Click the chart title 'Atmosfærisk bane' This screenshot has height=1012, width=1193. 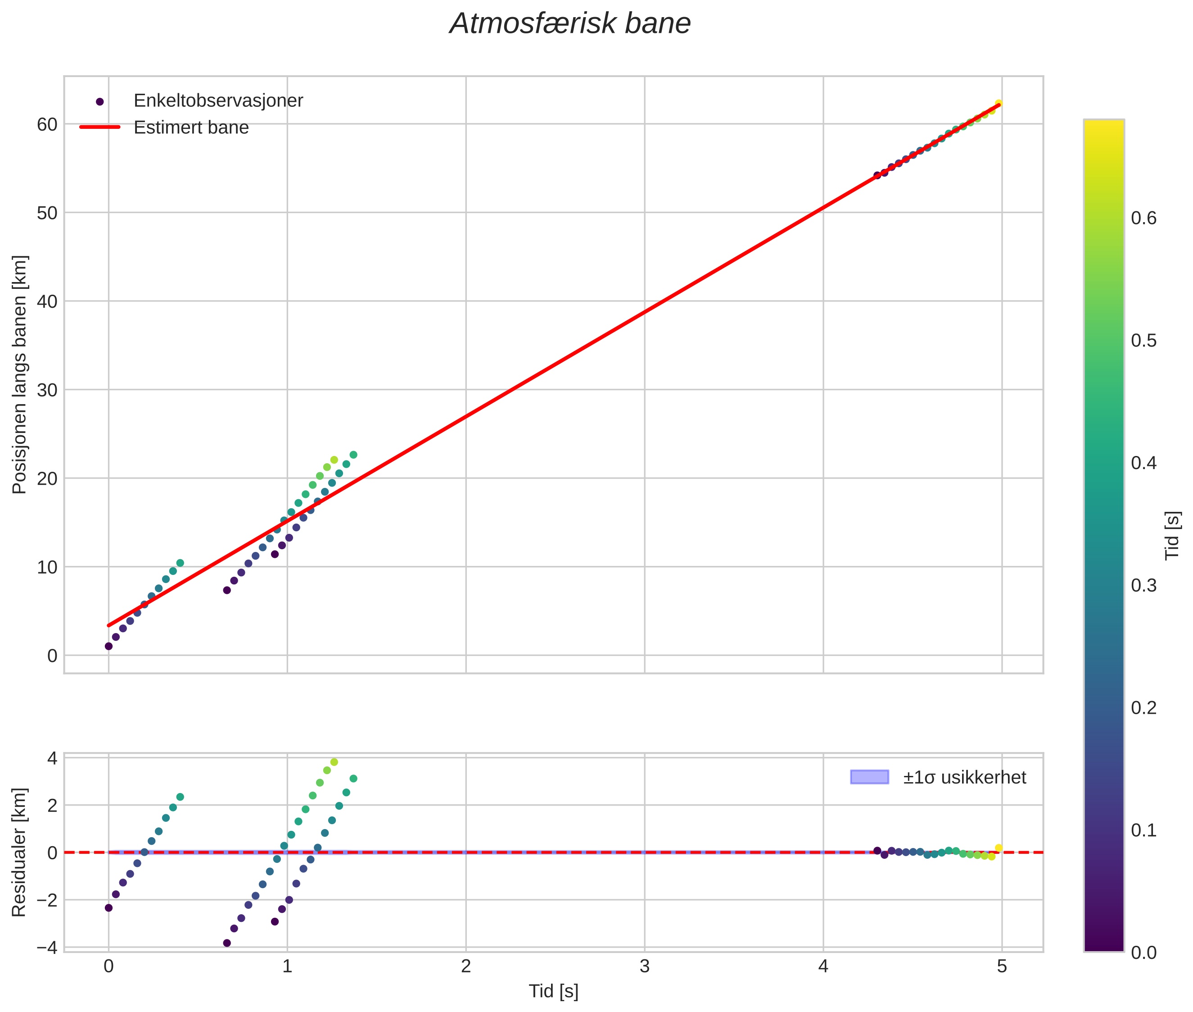(570, 24)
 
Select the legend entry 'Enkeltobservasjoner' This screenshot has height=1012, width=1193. (218, 101)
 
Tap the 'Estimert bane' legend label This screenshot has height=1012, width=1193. (191, 128)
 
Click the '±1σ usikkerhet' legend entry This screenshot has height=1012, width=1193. (964, 777)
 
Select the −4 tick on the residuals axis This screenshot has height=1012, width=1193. (47, 947)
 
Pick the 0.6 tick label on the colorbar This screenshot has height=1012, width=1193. (1143, 219)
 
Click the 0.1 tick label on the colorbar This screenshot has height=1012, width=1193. (1143, 830)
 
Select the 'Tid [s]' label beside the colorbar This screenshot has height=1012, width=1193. (1173, 535)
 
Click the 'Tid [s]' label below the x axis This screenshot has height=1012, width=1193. (553, 991)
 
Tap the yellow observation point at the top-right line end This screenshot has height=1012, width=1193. (998, 104)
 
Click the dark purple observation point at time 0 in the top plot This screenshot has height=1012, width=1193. (108, 646)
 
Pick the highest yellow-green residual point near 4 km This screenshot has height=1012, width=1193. (334, 762)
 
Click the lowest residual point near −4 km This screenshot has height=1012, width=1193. (226, 943)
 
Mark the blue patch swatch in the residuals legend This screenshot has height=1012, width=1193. (869, 777)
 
